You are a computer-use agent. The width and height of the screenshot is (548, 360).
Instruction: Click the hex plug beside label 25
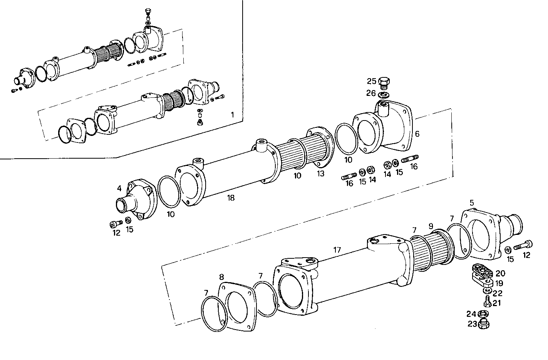(x=384, y=82)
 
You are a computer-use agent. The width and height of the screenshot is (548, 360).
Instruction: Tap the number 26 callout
(x=371, y=93)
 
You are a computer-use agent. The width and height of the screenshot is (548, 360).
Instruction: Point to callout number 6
(x=417, y=134)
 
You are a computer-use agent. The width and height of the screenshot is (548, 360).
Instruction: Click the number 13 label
(x=320, y=174)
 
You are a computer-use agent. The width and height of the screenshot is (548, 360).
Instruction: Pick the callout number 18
(x=231, y=198)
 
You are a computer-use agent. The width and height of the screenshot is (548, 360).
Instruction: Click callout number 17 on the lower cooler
(x=337, y=250)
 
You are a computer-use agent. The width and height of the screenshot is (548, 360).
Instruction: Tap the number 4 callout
(x=119, y=188)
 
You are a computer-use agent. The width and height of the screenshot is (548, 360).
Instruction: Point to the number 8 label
(x=221, y=277)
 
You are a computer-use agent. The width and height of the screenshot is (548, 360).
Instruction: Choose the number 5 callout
(x=472, y=203)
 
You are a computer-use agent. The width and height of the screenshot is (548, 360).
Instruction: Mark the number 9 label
(x=431, y=226)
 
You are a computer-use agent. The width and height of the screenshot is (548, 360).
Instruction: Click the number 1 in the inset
(x=232, y=114)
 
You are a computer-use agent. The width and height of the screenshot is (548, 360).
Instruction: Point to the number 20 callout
(x=500, y=273)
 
